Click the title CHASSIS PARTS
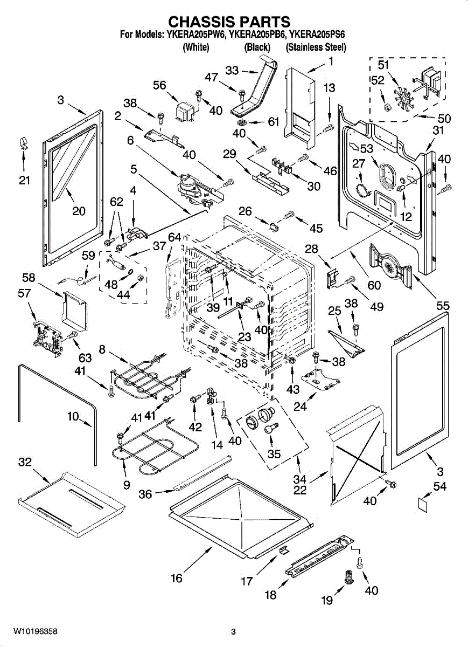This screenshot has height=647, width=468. coord(229,22)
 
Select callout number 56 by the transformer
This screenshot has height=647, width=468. coord(159,85)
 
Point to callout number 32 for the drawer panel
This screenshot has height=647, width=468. coord(24,463)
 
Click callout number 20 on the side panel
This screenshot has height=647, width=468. coord(79,211)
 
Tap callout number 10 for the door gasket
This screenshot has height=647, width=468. coord(72,417)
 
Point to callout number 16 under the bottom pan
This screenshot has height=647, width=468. coord(177,579)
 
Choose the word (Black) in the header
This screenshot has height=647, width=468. coord(257,47)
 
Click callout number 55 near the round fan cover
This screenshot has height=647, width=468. coord(443,305)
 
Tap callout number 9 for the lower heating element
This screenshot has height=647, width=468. coord(127,485)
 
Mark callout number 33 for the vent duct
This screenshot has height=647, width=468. coord(232,70)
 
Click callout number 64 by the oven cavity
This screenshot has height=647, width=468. coord(174,237)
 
